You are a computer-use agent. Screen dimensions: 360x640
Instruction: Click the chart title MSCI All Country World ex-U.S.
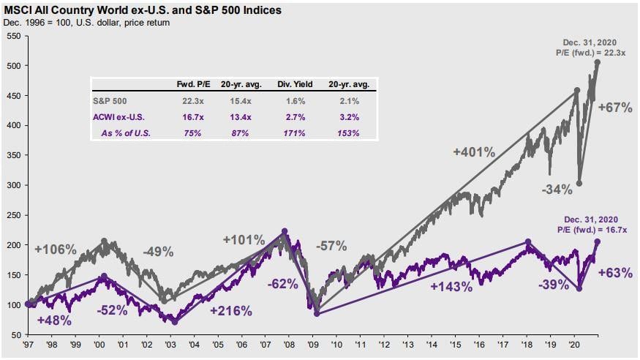139,10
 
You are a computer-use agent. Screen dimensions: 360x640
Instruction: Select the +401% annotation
474,152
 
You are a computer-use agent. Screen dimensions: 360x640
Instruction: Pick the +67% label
614,108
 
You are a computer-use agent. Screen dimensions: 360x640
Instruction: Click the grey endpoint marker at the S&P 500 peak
598,63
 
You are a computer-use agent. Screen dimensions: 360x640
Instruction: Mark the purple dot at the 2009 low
317,314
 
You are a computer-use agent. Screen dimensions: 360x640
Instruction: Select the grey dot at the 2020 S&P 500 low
579,184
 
